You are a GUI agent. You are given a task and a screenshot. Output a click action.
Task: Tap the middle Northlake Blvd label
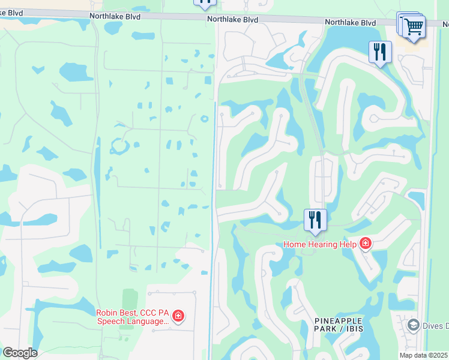pyautogui.click(x=233, y=20)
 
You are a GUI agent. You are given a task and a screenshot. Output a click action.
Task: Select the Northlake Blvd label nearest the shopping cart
pyautogui.click(x=351, y=22)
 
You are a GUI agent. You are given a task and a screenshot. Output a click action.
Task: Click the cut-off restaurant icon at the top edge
pyautogui.click(x=205, y=3)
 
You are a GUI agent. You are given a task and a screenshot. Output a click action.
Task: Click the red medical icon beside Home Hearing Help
pyautogui.click(x=365, y=244)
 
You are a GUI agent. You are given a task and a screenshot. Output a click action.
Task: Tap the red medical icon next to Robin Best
pyautogui.click(x=178, y=316)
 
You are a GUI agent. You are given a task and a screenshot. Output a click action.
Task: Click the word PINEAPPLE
pyautogui.click(x=337, y=321)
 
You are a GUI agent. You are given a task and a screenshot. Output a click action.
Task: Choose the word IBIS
pyautogui.click(x=351, y=329)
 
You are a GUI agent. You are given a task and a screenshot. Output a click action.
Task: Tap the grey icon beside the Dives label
pyautogui.click(x=413, y=325)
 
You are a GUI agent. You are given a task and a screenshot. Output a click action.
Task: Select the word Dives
pyautogui.click(x=435, y=326)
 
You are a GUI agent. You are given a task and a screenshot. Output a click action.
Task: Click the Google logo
pyautogui.click(x=20, y=353)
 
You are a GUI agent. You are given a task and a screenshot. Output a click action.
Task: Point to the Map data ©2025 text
pyautogui.click(x=423, y=355)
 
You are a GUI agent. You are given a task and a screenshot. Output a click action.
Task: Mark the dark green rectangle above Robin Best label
pyautogui.click(x=130, y=299)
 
